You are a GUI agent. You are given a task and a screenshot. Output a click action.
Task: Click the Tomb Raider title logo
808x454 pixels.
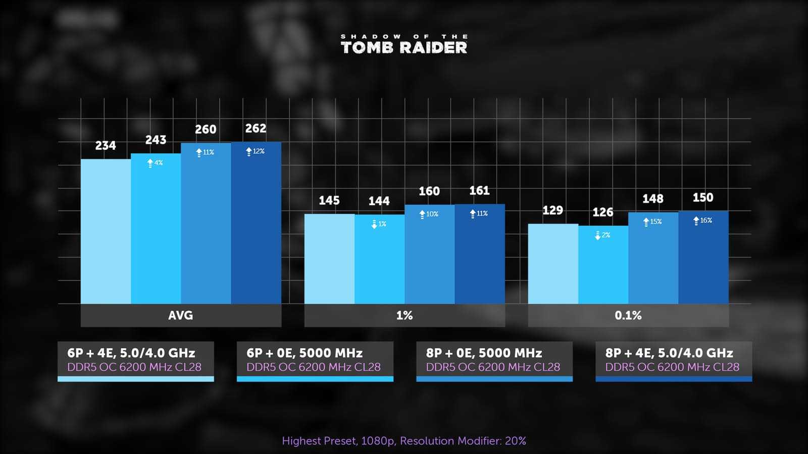pyautogui.click(x=404, y=44)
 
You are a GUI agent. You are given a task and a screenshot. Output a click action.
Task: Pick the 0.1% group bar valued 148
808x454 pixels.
pyautogui.click(x=653, y=258)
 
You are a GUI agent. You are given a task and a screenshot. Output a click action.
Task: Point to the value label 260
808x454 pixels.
pyautogui.click(x=206, y=130)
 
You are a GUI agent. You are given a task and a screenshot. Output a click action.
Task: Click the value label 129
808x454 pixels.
pyautogui.click(x=552, y=210)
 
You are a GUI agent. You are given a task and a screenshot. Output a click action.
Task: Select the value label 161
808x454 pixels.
pyautogui.click(x=479, y=191)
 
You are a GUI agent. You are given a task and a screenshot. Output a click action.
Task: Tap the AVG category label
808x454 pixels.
pyautogui.click(x=181, y=315)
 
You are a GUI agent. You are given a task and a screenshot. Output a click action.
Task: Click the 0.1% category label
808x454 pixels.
pyautogui.click(x=628, y=315)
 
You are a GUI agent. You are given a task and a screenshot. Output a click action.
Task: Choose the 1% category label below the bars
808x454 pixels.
pyautogui.click(x=405, y=315)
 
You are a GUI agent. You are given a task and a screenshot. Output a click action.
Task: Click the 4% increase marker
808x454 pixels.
pyautogui.click(x=155, y=163)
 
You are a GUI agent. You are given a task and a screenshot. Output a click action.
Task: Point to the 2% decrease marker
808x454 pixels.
pyautogui.click(x=603, y=235)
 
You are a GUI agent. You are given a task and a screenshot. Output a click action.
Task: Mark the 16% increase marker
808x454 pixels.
pyautogui.click(x=703, y=220)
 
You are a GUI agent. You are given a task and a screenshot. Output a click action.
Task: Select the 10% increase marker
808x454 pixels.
pyautogui.click(x=429, y=214)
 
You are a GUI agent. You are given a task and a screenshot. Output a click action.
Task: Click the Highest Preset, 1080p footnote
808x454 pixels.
pyautogui.click(x=404, y=441)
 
